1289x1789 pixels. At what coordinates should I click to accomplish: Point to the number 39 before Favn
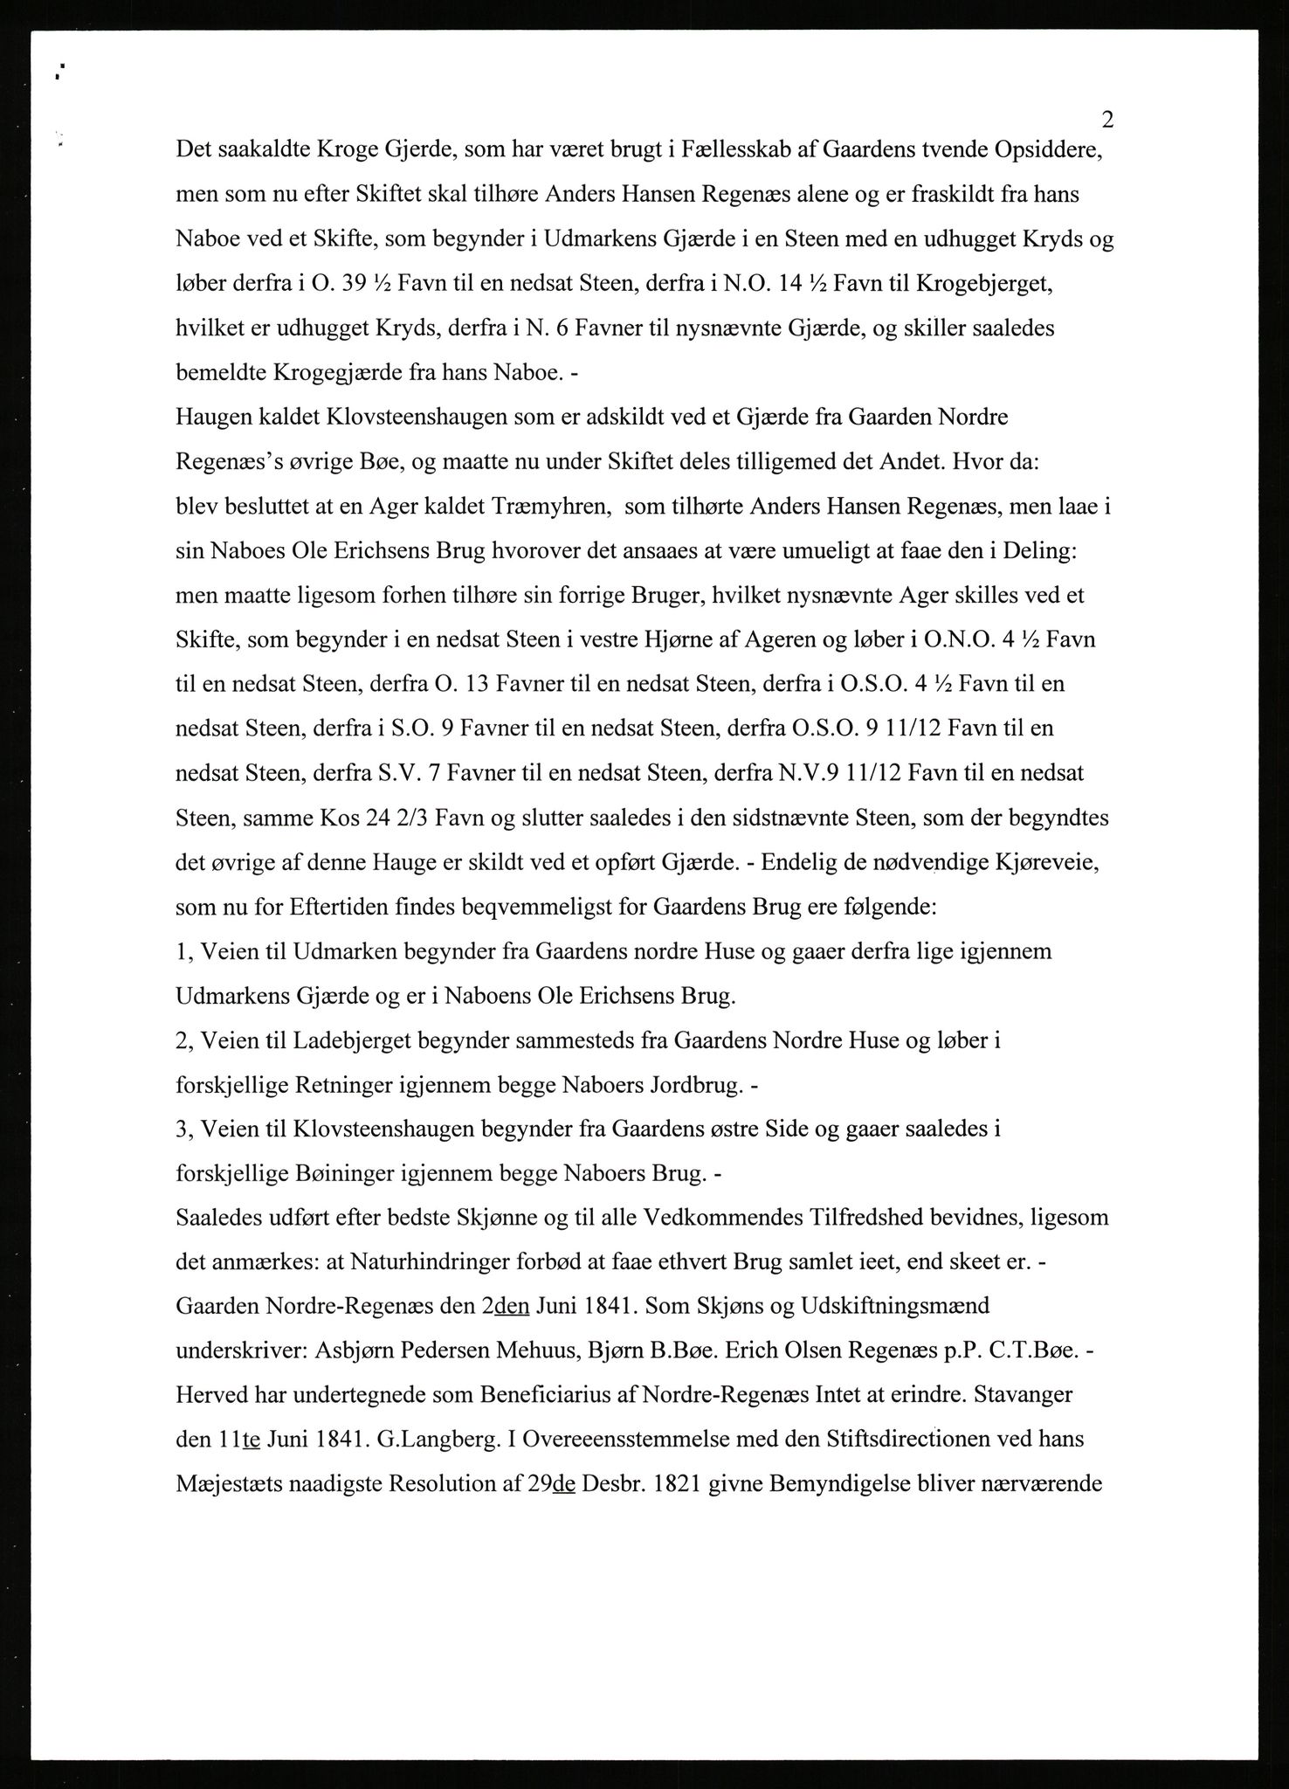pos(360,284)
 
